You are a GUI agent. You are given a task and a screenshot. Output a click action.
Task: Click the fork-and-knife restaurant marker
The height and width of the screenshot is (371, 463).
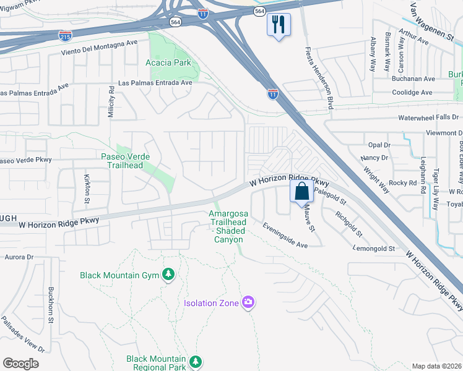[x=279, y=25]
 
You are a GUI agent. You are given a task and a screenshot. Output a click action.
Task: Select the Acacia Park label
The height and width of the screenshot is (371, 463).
[x=168, y=62]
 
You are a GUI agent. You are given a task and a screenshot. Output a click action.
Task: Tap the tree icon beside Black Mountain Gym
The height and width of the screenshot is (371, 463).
[x=168, y=274]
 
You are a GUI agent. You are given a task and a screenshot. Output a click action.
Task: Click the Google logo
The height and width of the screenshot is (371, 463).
[x=20, y=364]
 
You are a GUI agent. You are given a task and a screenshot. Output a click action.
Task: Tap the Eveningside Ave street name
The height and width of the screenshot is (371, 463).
[x=285, y=236]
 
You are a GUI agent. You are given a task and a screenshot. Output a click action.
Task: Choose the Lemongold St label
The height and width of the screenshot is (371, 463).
[x=374, y=249]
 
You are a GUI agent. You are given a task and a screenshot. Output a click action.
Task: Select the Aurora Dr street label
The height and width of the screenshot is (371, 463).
[x=19, y=256]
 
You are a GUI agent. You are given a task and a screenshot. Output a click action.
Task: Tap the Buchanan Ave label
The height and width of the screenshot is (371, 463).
[x=413, y=79]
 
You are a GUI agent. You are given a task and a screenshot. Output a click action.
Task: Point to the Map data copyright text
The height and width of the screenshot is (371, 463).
[x=437, y=366]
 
